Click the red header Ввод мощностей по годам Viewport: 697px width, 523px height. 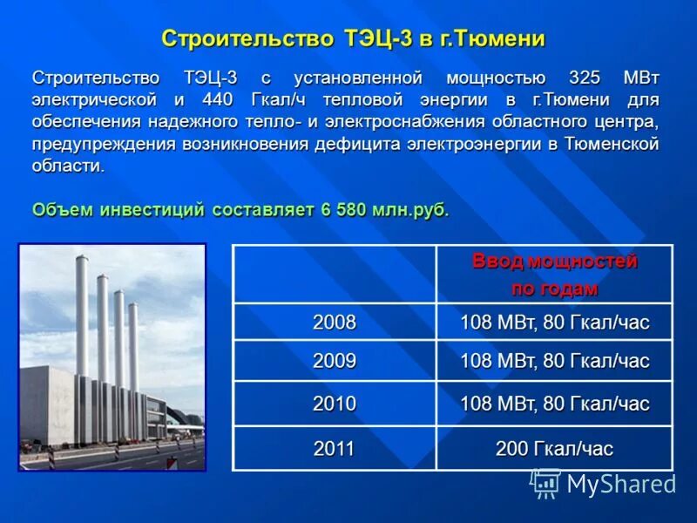click(x=554, y=275)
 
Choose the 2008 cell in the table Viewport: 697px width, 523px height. click(x=335, y=323)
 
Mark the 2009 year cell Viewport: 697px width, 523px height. click(x=335, y=361)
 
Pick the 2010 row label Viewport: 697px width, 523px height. click(x=335, y=404)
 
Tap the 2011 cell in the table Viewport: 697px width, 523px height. click(x=335, y=449)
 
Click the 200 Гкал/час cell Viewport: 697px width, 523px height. click(x=554, y=449)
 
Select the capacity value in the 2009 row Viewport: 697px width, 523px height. click(x=554, y=361)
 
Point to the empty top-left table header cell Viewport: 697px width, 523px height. click(x=335, y=275)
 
